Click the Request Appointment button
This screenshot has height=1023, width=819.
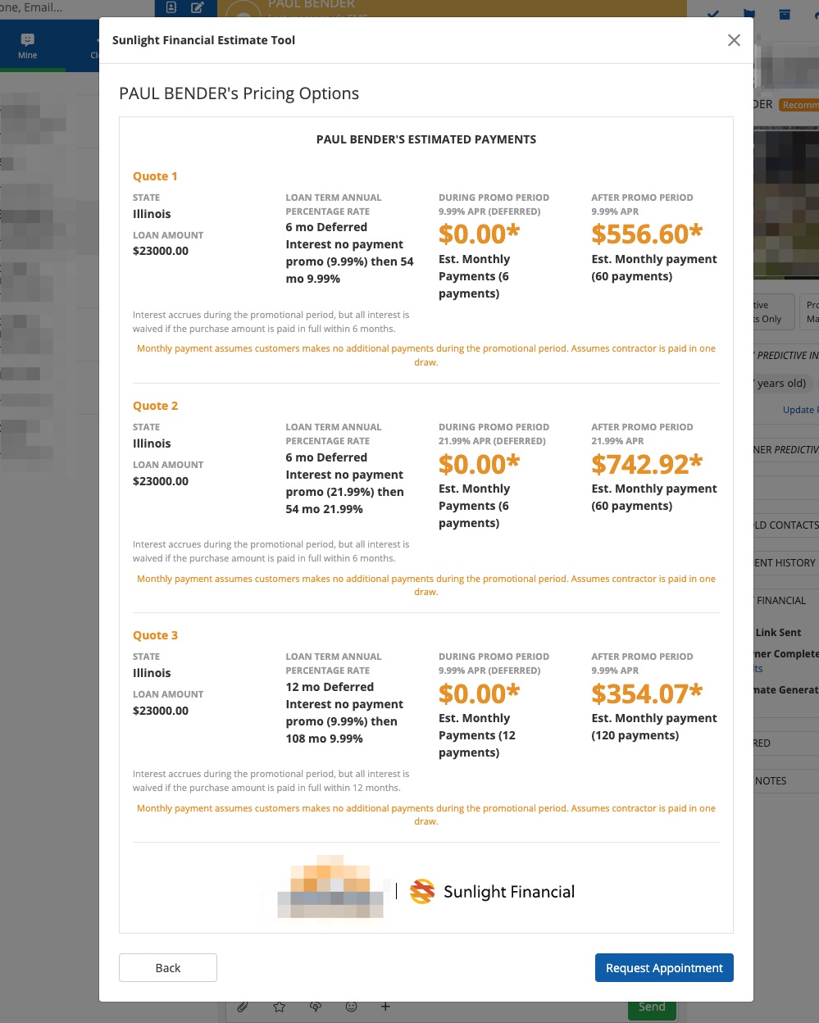pyautogui.click(x=664, y=968)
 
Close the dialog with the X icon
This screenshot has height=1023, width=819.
pyautogui.click(x=734, y=40)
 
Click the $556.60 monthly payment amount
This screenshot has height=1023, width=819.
pyautogui.click(x=647, y=234)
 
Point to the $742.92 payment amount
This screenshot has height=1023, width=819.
pyautogui.click(x=647, y=465)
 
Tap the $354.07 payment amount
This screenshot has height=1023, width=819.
pyautogui.click(x=647, y=694)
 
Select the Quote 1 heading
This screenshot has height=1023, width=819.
pyautogui.click(x=155, y=176)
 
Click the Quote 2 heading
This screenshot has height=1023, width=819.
pyautogui.click(x=155, y=406)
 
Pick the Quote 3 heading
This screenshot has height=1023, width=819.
pyautogui.click(x=155, y=635)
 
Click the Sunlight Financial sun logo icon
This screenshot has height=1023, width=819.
pyautogui.click(x=422, y=892)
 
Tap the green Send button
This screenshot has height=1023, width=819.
pyautogui.click(x=652, y=1007)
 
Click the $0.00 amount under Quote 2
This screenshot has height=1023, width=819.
pyautogui.click(x=479, y=465)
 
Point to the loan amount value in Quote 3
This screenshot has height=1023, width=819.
pyautogui.click(x=161, y=711)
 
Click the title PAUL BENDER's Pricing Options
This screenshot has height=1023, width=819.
pyautogui.click(x=239, y=93)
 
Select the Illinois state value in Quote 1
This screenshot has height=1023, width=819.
pyautogui.click(x=152, y=214)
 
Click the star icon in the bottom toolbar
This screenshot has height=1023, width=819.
pyautogui.click(x=280, y=1007)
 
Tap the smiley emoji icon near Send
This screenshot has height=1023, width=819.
pyautogui.click(x=351, y=1007)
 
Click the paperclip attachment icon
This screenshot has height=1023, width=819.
pyautogui.click(x=243, y=1007)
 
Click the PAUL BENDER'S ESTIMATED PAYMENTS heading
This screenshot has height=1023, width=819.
pyautogui.click(x=426, y=139)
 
